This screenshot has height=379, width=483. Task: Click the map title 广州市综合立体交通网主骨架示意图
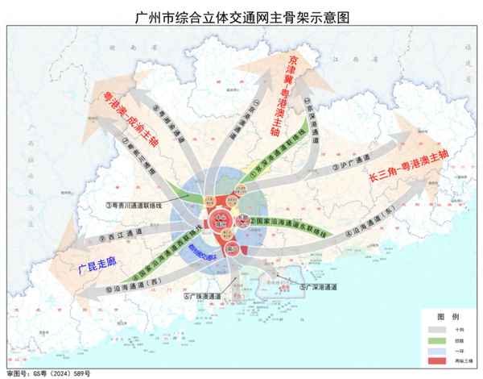click(x=242, y=15)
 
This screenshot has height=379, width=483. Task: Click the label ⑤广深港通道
click(x=318, y=286)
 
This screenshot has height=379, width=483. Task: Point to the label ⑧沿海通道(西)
click(x=121, y=282)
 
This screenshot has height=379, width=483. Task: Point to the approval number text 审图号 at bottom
click(x=48, y=373)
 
